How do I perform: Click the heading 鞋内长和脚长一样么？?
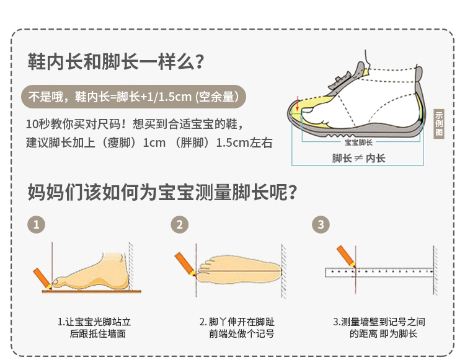click(116, 62)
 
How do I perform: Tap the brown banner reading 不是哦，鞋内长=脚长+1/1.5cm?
click(134, 97)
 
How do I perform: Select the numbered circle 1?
click(38, 224)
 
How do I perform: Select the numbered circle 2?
click(180, 224)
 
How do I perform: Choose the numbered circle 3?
click(321, 224)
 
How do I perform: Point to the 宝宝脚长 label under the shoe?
click(358, 142)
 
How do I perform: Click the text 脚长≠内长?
click(358, 159)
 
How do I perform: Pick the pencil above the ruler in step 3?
click(345, 255)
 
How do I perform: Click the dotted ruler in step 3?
click(378, 272)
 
